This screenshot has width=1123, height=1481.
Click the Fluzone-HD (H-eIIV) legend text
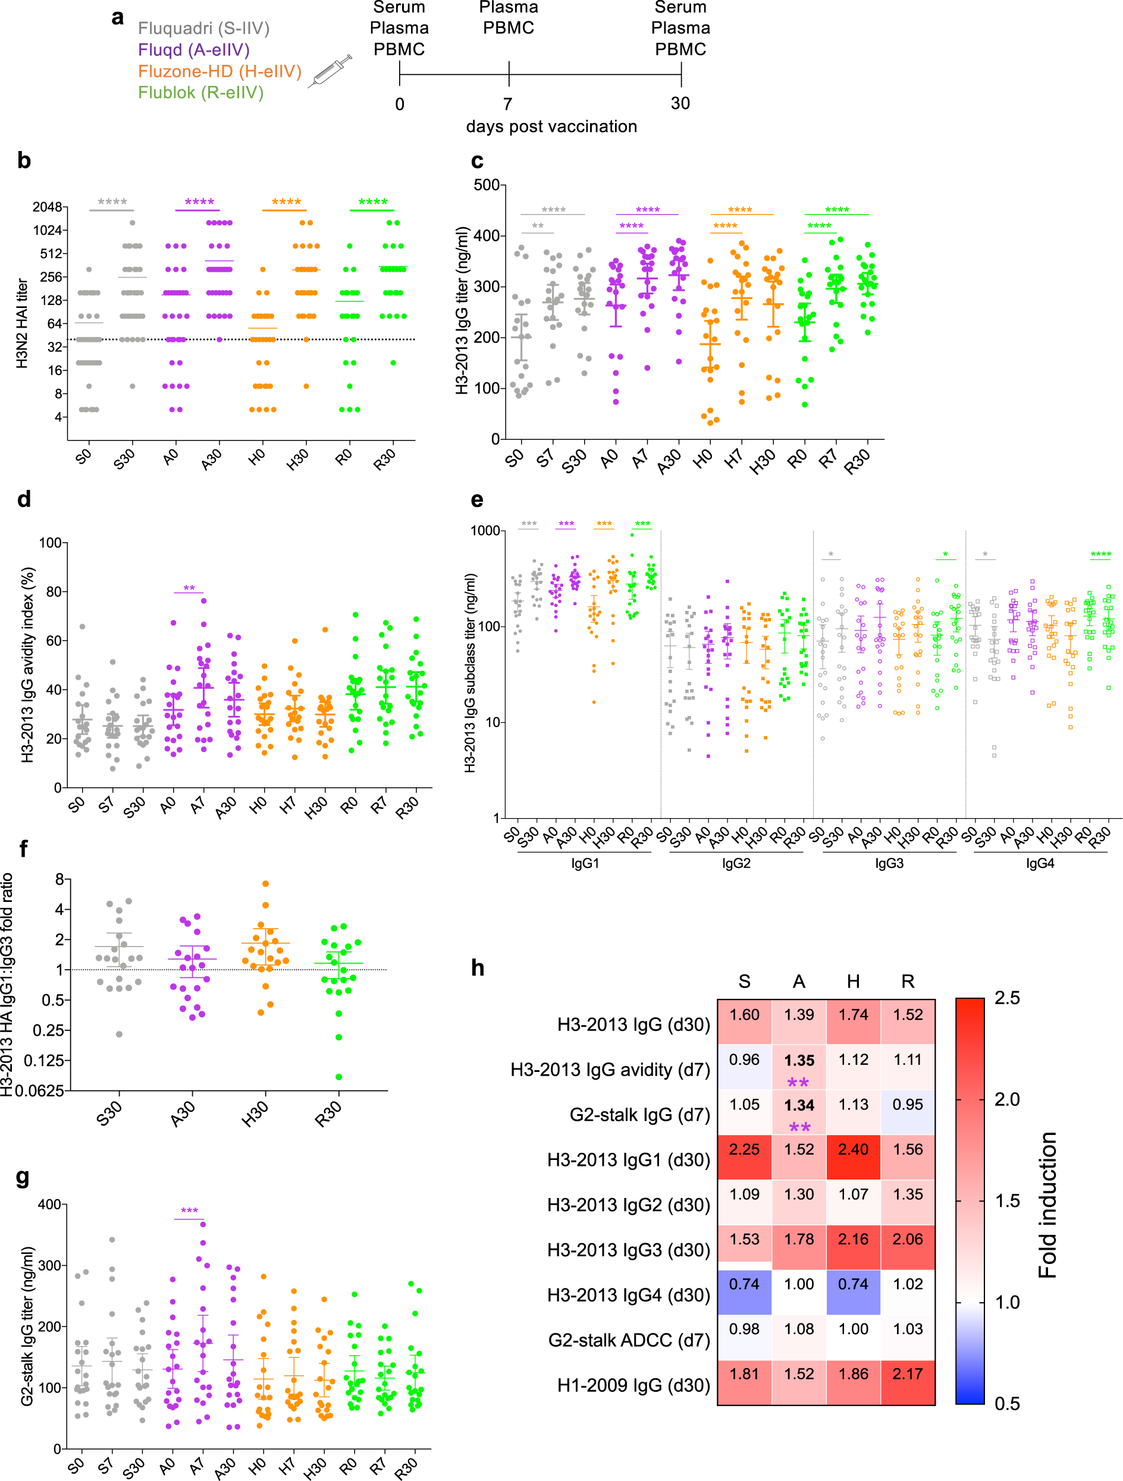click(x=219, y=71)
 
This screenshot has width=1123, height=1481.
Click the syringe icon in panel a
click(x=330, y=71)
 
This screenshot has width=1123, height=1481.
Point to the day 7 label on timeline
click(x=507, y=104)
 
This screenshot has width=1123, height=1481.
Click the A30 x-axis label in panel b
click(x=212, y=460)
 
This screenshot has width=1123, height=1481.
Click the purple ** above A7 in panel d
click(x=189, y=589)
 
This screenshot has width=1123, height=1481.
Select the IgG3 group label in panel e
click(x=889, y=864)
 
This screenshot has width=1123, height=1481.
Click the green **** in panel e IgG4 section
click(x=1100, y=554)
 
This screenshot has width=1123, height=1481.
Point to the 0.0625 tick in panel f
click(x=39, y=1092)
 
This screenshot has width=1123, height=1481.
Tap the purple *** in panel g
click(x=190, y=1211)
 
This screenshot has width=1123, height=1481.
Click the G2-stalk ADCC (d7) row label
click(x=629, y=1341)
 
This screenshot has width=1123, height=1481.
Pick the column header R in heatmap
click(x=907, y=982)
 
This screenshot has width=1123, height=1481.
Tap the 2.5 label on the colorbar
click(x=1006, y=998)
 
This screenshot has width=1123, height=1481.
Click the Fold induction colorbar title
click(x=1047, y=1205)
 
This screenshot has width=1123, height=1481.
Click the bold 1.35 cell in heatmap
click(x=799, y=1061)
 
